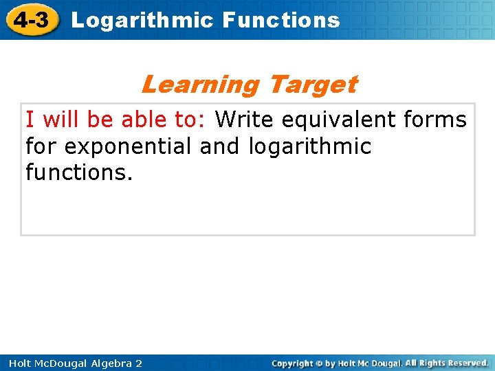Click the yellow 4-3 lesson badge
pos(32,19)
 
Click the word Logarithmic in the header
pos(143,21)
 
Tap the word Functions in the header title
pos(281,20)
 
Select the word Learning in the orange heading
pos(201,85)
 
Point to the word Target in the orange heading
pos(314,85)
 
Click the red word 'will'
pos(60,120)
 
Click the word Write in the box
pos(244,120)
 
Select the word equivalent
pos(339,120)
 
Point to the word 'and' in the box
pos(219,146)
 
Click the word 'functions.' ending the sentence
pos(79,172)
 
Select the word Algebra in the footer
pos(111,364)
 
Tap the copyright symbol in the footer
pos(319,363)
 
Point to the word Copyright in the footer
pos(292,364)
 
